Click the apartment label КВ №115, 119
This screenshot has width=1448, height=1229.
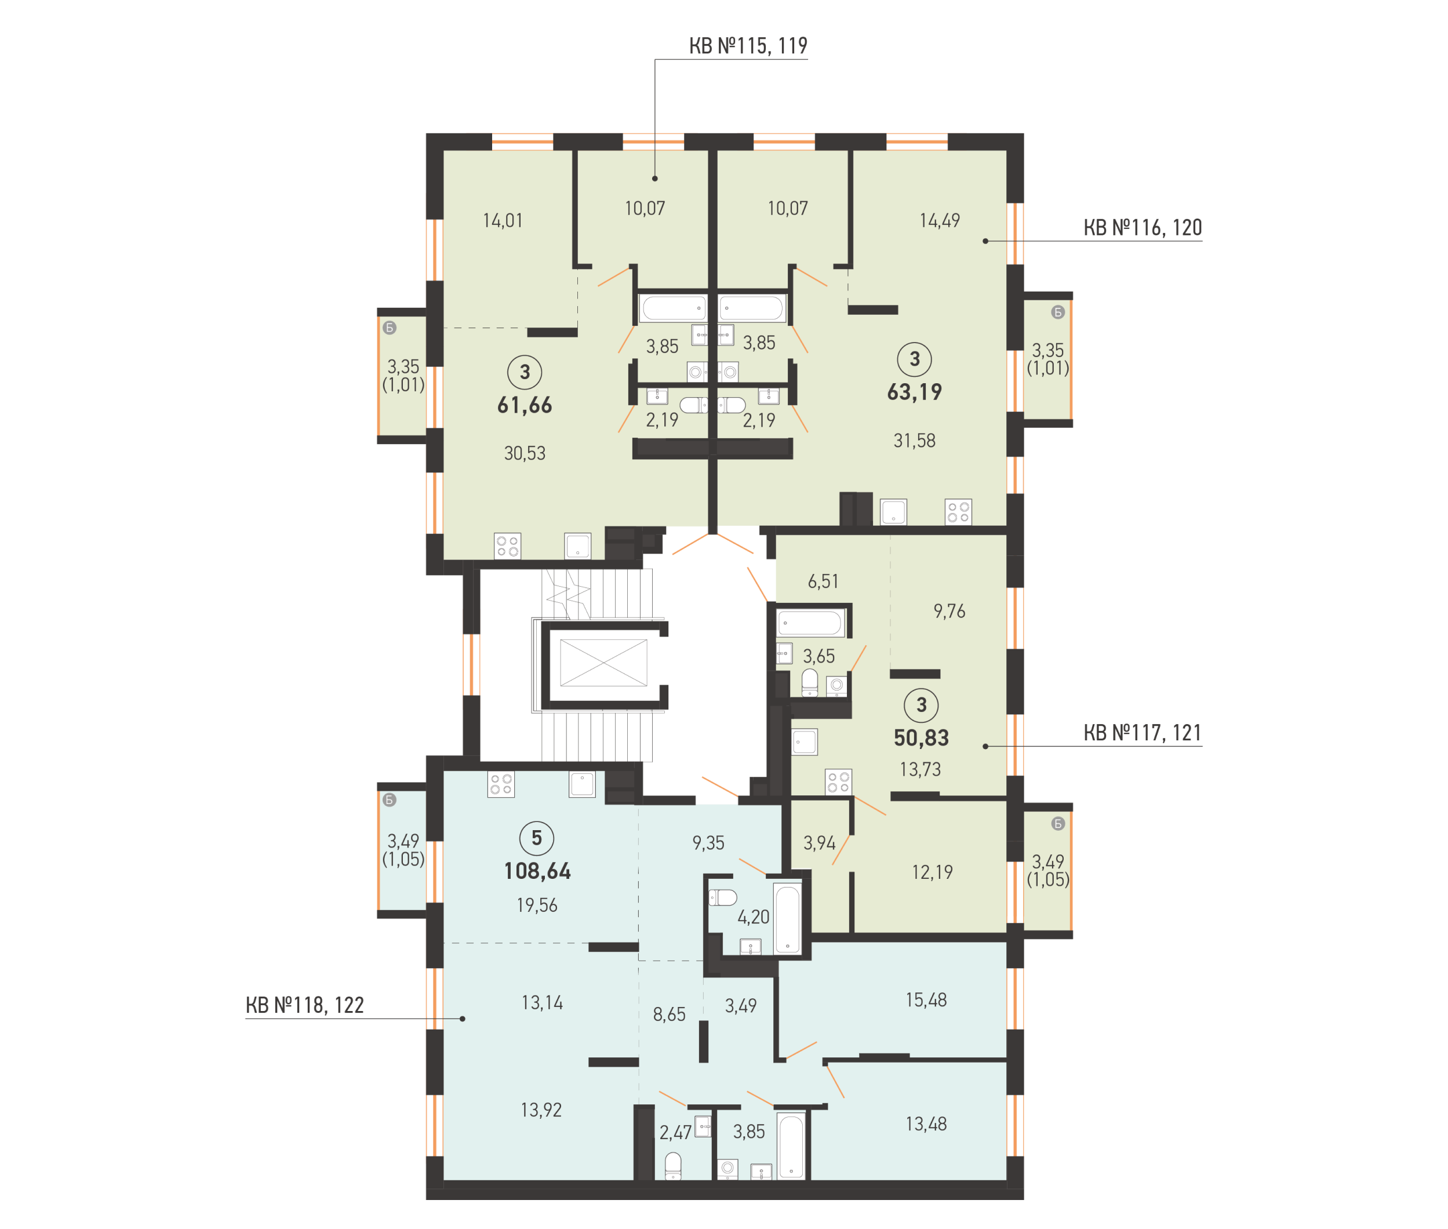[x=748, y=46]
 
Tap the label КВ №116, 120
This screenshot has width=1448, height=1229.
[x=1143, y=228]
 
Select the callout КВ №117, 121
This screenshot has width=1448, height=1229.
[x=1143, y=733]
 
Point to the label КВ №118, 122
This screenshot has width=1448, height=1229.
[x=304, y=1005]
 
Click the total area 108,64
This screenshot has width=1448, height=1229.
[x=537, y=871]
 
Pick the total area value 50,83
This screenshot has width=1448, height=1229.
[x=921, y=738]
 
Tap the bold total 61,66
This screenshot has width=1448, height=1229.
[x=525, y=405]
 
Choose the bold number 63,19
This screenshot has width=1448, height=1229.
[x=915, y=392]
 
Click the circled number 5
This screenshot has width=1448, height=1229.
[x=537, y=838]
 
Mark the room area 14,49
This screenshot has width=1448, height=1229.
[x=940, y=221]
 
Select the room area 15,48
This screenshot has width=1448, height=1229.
[x=926, y=1001]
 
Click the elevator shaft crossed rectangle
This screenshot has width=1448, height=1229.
[x=603, y=663]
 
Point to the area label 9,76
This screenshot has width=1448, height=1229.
[x=949, y=611]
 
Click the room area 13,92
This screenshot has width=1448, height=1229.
[x=541, y=1110]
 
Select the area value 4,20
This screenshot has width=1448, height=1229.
[x=754, y=917]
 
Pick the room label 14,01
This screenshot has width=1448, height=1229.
[x=502, y=221]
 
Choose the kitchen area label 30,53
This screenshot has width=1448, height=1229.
[x=525, y=453]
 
